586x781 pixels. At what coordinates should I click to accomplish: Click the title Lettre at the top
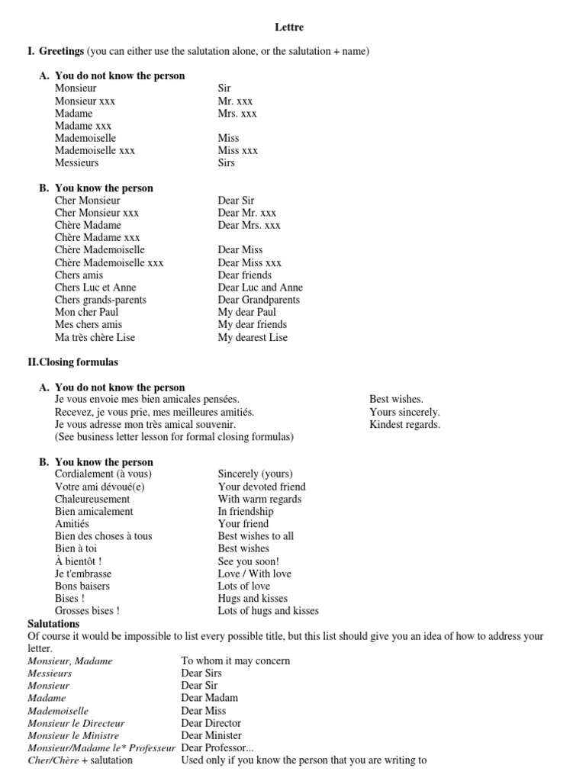pyautogui.click(x=289, y=27)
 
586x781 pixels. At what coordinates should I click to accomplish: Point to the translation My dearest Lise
pyautogui.click(x=253, y=337)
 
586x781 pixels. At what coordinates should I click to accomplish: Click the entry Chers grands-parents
pyautogui.click(x=101, y=300)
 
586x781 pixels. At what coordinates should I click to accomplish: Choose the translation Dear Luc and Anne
pyautogui.click(x=260, y=288)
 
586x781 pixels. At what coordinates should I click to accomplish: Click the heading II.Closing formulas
pyautogui.click(x=72, y=362)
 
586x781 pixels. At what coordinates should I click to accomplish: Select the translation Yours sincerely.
pyautogui.click(x=404, y=412)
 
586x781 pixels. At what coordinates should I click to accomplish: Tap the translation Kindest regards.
pyautogui.click(x=404, y=425)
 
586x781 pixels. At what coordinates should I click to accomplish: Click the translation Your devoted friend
pyautogui.click(x=262, y=487)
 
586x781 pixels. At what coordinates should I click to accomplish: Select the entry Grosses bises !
pyautogui.click(x=87, y=611)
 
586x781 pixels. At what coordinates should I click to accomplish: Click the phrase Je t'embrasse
pyautogui.click(x=83, y=574)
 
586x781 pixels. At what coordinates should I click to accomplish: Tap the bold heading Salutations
pyautogui.click(x=53, y=624)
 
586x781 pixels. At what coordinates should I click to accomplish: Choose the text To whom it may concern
pyautogui.click(x=236, y=660)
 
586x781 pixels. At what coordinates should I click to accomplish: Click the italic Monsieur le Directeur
pyautogui.click(x=76, y=723)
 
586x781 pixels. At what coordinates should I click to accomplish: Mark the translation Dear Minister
pyautogui.click(x=211, y=735)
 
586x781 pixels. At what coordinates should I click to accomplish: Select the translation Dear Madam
pyautogui.click(x=210, y=698)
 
